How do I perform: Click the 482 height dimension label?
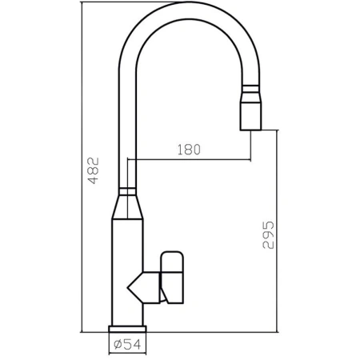point(93,171)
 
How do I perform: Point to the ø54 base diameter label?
point(128,345)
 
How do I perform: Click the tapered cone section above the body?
point(128,207)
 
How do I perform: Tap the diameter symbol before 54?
point(117,345)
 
